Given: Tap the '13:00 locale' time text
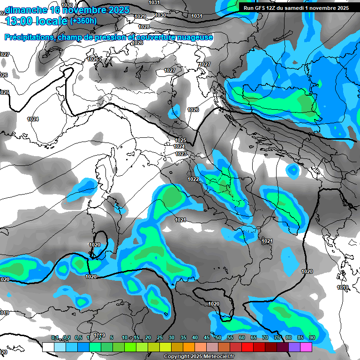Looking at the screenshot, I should click(37, 21).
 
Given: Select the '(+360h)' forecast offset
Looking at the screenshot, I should click(82, 21).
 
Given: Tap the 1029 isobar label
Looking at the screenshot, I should click(140, 16).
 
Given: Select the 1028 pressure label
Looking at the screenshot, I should click(144, 27).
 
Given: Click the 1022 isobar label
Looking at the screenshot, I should click(193, 179).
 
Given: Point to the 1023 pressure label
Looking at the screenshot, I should click(181, 154).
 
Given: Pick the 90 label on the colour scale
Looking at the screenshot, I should click(312, 337).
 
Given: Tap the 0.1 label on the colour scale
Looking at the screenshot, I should click(55, 337).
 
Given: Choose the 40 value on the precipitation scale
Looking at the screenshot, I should click(195, 337).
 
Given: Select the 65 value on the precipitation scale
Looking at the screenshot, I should click(253, 337).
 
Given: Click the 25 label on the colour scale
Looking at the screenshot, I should click(159, 337).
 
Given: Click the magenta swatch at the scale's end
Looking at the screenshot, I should click(306, 347).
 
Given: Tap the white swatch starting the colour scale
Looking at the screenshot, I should click(48, 347).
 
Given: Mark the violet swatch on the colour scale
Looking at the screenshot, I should click(294, 347).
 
